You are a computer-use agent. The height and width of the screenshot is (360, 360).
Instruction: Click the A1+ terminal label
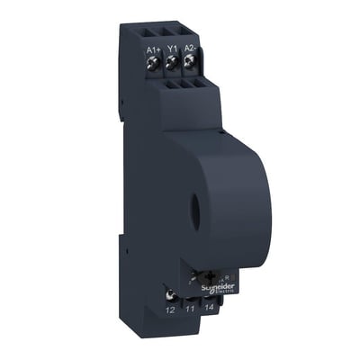tap(154, 49)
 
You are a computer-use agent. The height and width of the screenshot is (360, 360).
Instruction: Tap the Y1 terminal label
tap(172, 50)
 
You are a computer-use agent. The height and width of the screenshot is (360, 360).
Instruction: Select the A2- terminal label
tap(189, 49)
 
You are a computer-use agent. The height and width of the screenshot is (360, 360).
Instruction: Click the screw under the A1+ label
tap(155, 64)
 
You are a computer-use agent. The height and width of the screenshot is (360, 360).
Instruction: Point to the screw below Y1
tap(173, 64)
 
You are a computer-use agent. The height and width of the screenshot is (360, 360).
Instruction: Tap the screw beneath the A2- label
tap(190, 64)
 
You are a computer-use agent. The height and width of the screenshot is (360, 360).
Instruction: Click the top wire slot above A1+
tap(153, 31)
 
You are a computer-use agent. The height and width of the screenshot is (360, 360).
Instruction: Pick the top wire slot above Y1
tap(171, 31)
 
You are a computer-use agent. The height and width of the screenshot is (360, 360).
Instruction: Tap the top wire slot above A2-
tap(189, 31)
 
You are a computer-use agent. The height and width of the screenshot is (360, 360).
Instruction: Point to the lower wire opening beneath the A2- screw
tap(199, 87)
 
